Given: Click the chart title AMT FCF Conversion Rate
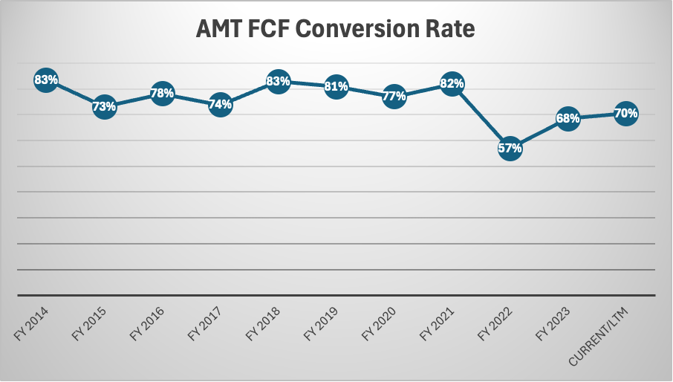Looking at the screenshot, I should click(x=335, y=30).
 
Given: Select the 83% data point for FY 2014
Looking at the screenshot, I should click(x=46, y=80).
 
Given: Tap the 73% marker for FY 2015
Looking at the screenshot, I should click(x=104, y=106).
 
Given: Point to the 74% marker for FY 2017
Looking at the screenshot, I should click(x=220, y=105).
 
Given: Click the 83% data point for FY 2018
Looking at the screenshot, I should click(x=278, y=81).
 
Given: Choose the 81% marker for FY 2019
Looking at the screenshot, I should click(x=336, y=86).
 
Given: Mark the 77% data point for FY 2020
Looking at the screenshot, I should click(x=394, y=96).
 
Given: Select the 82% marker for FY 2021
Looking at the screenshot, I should click(x=452, y=83).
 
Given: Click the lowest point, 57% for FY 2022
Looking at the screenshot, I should click(x=510, y=148).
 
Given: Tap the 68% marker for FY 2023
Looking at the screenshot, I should click(x=568, y=118).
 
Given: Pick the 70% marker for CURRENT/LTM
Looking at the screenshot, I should click(x=625, y=114).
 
